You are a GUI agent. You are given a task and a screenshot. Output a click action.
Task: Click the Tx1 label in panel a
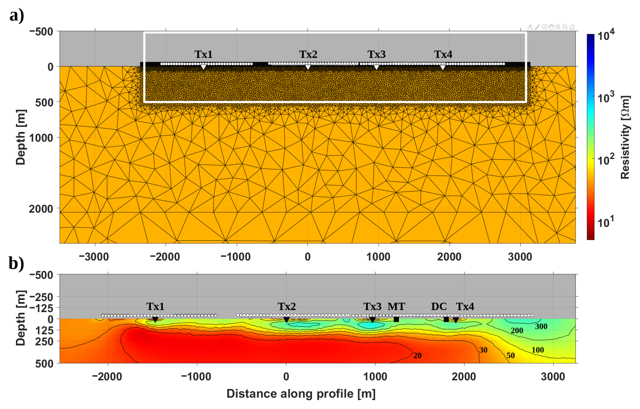(x=203, y=54)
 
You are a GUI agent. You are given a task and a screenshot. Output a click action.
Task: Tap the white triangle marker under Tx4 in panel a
(x=442, y=67)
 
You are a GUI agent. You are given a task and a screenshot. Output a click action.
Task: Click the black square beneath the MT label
(x=396, y=319)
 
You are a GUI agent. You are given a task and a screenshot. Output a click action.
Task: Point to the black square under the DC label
(x=446, y=319)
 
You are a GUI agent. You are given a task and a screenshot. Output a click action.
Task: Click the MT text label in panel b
(x=396, y=307)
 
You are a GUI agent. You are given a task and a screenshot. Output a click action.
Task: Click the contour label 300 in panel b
(x=541, y=326)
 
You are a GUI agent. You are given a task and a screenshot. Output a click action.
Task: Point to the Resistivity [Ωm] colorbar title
(x=625, y=137)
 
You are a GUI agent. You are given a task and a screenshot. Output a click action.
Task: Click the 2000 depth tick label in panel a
(x=41, y=209)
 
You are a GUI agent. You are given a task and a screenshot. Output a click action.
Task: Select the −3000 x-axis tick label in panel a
(x=94, y=257)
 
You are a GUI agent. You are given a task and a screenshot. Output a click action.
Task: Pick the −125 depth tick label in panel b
(x=41, y=308)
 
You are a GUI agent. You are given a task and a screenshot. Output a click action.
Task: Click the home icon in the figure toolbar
(x=572, y=27)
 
